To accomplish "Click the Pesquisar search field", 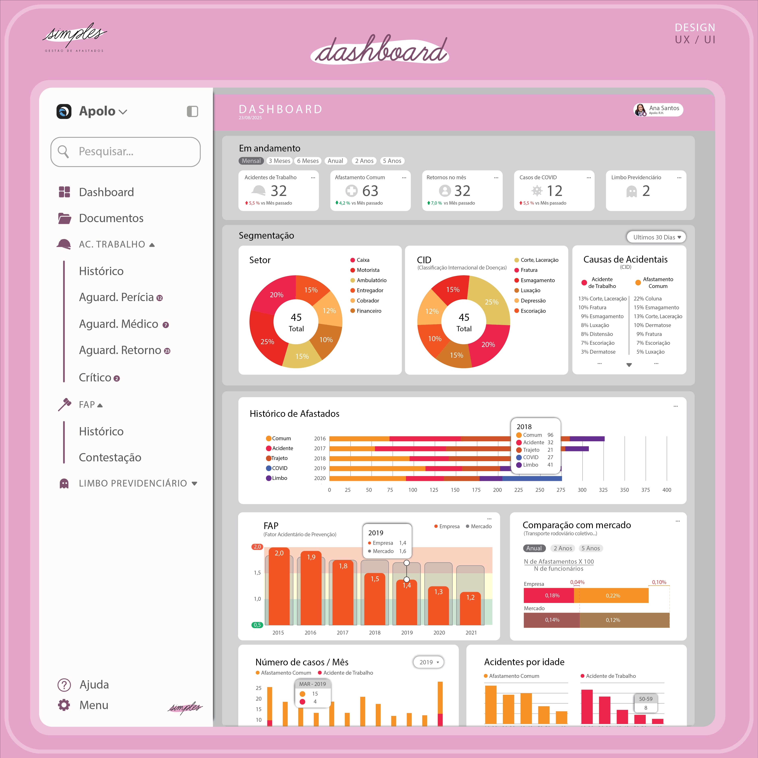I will click(x=125, y=151).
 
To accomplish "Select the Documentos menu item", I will click(x=111, y=218).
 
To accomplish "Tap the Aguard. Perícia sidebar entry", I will click(x=117, y=297).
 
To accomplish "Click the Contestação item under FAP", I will click(x=110, y=458).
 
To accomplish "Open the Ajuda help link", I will click(x=94, y=685).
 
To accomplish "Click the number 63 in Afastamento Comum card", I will click(x=370, y=191).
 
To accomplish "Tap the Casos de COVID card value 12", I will click(x=554, y=191).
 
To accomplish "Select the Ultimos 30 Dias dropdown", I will click(x=656, y=237).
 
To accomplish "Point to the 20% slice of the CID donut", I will click(x=488, y=345).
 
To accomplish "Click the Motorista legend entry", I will click(x=368, y=270).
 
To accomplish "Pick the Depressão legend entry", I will click(x=533, y=300).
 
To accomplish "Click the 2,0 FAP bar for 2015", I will click(x=279, y=587).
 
